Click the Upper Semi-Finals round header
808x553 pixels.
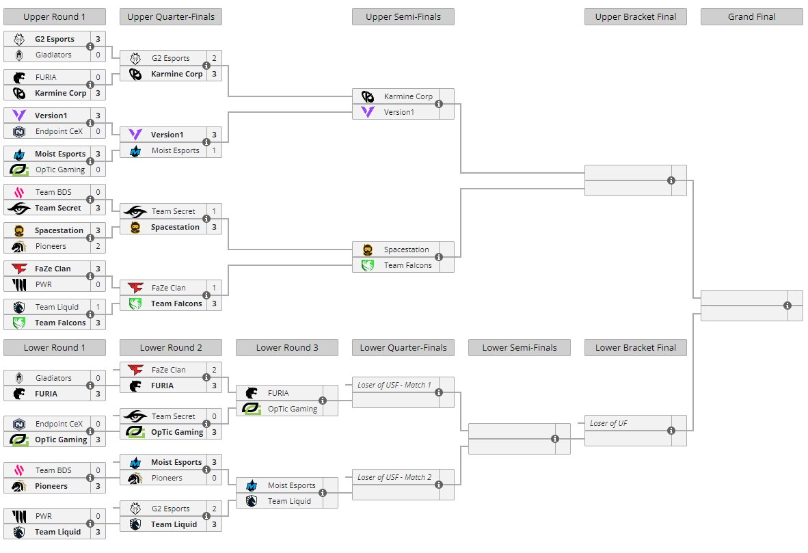click(x=403, y=17)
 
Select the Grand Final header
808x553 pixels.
click(x=751, y=17)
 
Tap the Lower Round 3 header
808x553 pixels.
click(x=286, y=348)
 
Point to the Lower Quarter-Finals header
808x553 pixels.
click(x=403, y=348)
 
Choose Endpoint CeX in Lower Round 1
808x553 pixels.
click(x=53, y=424)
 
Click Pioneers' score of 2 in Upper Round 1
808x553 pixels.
click(x=98, y=246)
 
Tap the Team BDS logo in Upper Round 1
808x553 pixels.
click(x=19, y=192)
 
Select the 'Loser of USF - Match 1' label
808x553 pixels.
click(x=394, y=385)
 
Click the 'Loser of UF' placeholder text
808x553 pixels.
click(x=608, y=423)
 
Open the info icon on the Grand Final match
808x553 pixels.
click(x=787, y=306)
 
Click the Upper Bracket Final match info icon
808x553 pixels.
click(x=671, y=180)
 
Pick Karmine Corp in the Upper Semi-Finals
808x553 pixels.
click(x=407, y=96)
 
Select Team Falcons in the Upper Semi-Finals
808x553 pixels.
click(x=407, y=265)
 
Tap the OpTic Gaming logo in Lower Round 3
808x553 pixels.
click(x=252, y=409)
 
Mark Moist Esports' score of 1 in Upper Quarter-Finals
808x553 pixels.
click(x=214, y=150)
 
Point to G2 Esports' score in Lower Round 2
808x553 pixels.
click(x=214, y=509)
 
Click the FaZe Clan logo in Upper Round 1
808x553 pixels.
click(x=19, y=269)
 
